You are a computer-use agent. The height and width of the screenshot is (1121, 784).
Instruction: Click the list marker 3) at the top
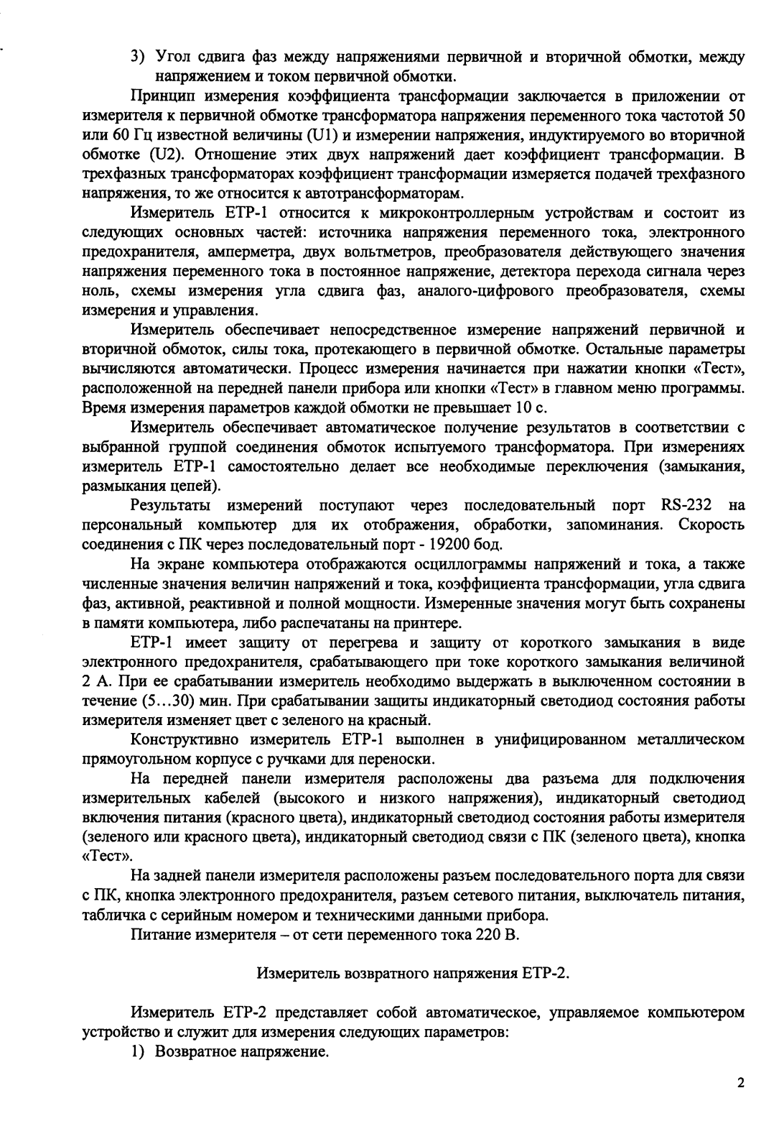pos(138,57)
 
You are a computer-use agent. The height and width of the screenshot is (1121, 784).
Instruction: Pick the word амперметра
pos(244,252)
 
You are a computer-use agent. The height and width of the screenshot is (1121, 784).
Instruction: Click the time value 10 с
pos(530,407)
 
